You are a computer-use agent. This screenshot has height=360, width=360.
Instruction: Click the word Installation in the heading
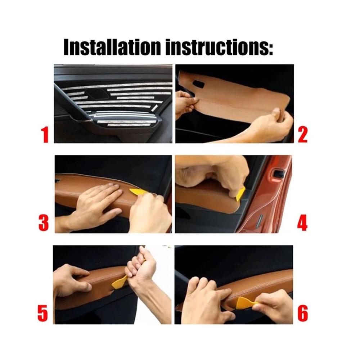click(112, 47)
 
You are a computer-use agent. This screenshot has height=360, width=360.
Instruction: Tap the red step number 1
click(45, 135)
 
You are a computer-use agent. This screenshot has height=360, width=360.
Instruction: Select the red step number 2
click(303, 135)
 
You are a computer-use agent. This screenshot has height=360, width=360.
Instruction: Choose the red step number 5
click(43, 313)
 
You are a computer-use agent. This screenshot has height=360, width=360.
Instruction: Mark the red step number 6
click(303, 313)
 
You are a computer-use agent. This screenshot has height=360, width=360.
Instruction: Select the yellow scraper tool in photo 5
click(120, 282)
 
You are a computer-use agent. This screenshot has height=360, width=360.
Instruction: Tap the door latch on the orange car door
click(278, 174)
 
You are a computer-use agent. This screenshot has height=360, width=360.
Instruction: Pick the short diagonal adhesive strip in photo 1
click(154, 108)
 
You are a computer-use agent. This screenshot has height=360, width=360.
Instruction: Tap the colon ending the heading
click(271, 49)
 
